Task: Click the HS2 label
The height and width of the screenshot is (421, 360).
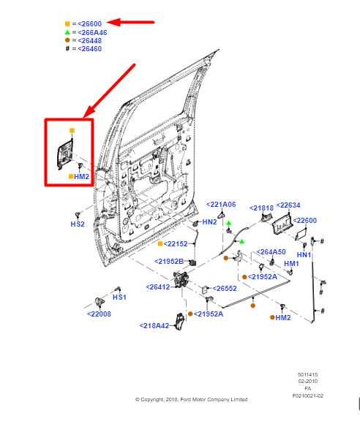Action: point(78,224)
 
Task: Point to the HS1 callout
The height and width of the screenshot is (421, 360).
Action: point(119,297)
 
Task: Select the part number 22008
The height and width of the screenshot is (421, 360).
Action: point(99,314)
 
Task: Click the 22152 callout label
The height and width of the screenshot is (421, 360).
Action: point(176,243)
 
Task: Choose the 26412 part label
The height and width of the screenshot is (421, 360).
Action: point(158,287)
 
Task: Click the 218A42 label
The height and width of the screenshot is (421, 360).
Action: point(154,326)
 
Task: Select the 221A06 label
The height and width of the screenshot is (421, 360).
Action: point(221,205)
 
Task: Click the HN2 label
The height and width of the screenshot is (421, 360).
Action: point(209,221)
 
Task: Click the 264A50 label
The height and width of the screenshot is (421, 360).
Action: point(271,252)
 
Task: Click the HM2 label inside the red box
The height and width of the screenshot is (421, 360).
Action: point(81,177)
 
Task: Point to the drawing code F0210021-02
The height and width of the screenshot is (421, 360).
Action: point(307,395)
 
